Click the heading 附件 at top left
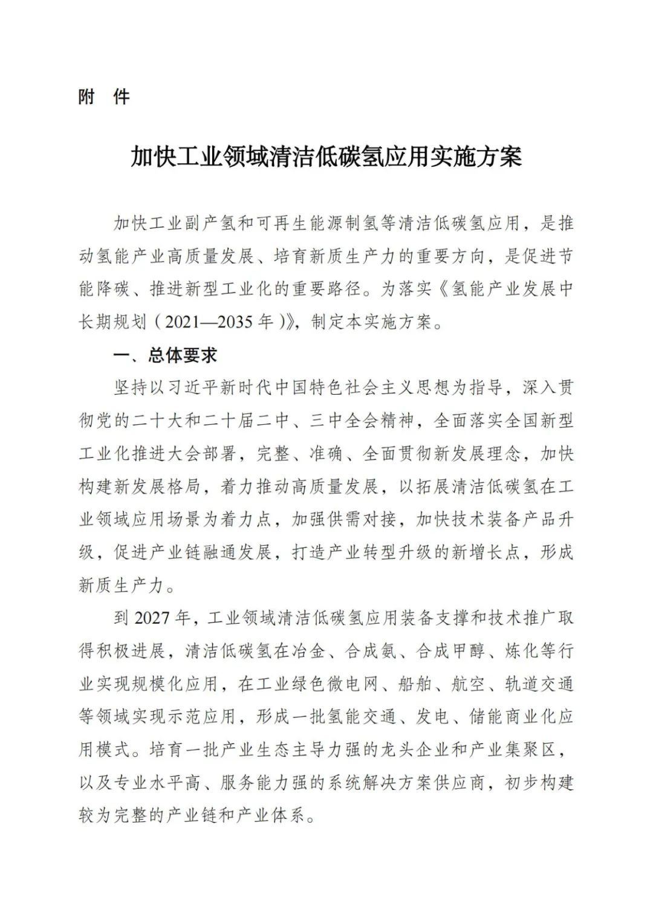click(103, 97)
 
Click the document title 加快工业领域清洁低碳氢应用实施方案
click(326, 157)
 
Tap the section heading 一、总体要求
click(165, 355)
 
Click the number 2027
click(152, 618)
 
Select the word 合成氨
click(371, 651)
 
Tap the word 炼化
click(521, 651)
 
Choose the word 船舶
click(415, 684)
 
